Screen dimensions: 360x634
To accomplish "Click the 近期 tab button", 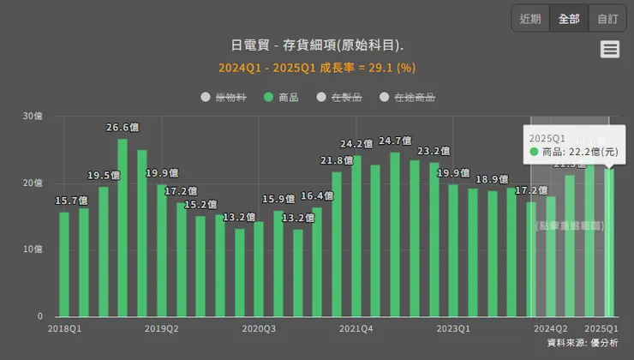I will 530,19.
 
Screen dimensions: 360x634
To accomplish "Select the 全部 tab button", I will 569,19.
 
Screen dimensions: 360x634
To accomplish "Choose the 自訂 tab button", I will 607,19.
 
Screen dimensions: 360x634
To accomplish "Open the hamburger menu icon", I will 610,50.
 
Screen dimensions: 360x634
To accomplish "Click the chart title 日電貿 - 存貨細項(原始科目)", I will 317,45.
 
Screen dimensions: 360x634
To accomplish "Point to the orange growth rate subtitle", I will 317,68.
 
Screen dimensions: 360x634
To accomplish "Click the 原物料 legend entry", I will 224,98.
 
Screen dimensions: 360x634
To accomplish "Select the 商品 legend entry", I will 282,98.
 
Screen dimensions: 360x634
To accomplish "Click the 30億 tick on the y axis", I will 33,117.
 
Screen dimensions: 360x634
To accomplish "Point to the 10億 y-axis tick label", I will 33,249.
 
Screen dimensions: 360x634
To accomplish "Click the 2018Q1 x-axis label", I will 64,328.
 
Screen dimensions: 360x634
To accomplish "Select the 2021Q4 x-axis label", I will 356,328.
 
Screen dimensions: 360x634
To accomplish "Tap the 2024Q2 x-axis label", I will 551,328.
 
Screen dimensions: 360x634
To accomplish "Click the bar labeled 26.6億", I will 123,227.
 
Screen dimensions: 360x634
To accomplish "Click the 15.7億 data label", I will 70,201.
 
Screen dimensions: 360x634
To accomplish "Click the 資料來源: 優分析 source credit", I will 583,343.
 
